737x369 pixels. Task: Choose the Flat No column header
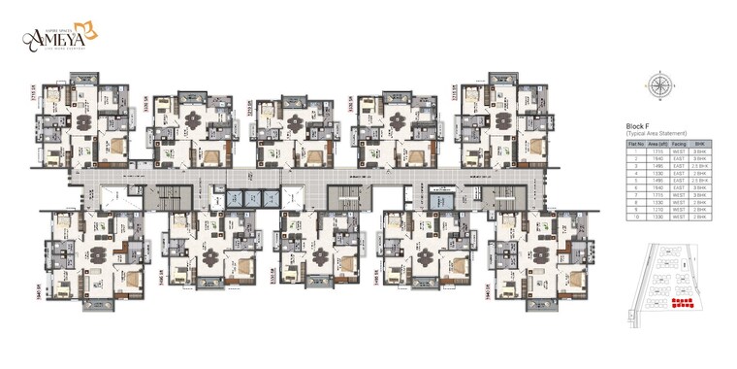[x=637, y=143]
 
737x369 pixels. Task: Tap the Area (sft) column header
[x=658, y=143]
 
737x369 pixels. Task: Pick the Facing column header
[x=680, y=143]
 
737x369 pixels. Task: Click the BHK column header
[x=700, y=143]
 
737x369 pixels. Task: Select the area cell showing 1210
[x=658, y=210]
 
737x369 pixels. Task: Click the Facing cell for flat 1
[x=680, y=151]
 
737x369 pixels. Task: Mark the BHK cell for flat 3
[x=700, y=165]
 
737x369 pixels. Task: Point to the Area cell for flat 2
[x=658, y=158]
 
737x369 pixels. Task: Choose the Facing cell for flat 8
[x=680, y=203]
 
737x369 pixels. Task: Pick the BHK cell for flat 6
[x=700, y=187]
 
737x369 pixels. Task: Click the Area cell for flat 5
[x=658, y=181]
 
